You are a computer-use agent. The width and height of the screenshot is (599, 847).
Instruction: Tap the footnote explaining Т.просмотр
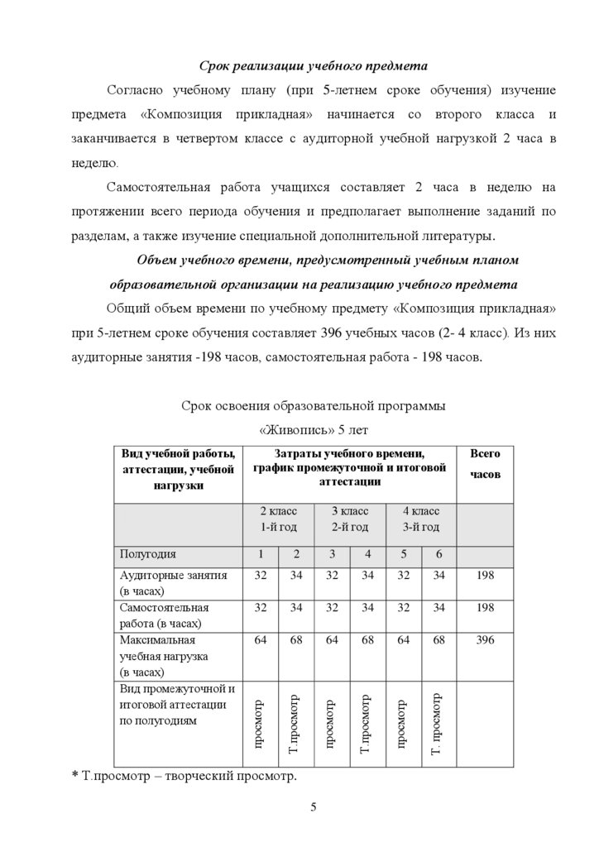(184, 776)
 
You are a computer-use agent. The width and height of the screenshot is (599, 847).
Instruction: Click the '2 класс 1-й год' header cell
(278, 519)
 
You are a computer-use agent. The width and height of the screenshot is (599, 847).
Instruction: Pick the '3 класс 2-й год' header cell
(349, 519)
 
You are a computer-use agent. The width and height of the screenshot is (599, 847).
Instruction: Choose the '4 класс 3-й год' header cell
(420, 519)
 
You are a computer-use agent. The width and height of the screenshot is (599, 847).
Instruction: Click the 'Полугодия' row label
(148, 553)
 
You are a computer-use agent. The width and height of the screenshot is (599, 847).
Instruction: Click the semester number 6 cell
(438, 553)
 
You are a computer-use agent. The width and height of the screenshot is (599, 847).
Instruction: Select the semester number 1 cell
(260, 553)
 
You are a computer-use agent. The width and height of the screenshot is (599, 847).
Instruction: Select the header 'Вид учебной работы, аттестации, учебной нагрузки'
(178, 469)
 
